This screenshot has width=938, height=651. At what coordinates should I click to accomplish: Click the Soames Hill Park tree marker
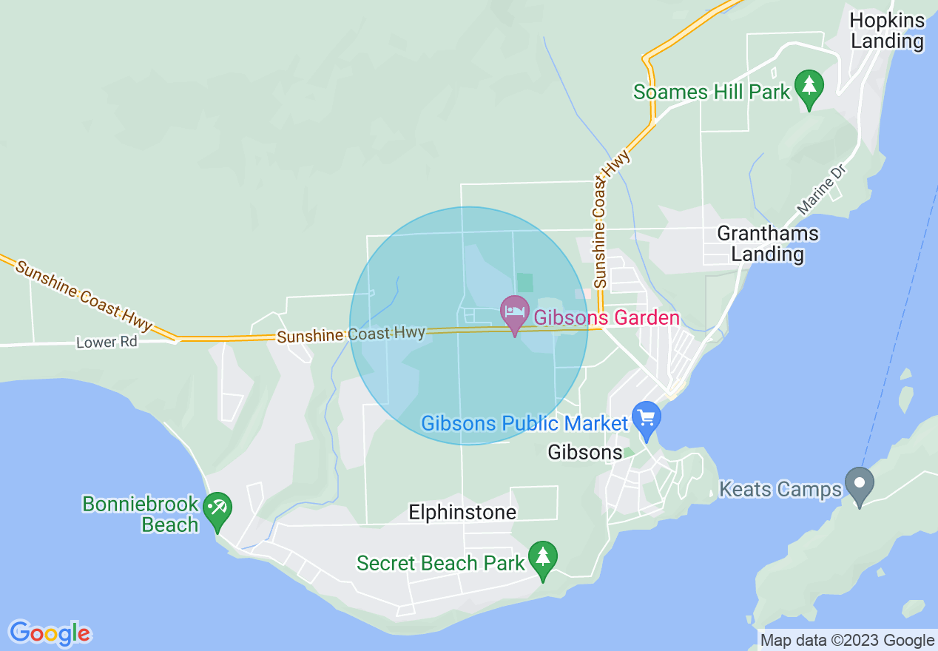coord(809,87)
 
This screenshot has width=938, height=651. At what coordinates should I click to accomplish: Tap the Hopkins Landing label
coord(887,30)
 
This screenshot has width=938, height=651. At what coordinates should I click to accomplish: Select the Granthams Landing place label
coord(768,244)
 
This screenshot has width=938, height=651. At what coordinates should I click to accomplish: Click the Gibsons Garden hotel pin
coord(514,312)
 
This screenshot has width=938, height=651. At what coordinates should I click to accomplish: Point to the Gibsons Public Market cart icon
coord(647,419)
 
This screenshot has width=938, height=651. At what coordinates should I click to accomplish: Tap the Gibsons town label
coord(584,452)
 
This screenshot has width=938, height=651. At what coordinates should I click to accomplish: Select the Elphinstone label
coord(462,512)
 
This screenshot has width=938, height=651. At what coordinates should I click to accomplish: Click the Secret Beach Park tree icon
coord(544,559)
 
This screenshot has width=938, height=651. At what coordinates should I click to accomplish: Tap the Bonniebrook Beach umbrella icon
coord(217,509)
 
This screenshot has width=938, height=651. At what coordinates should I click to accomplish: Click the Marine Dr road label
coord(820,191)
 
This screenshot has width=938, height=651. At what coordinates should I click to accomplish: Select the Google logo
coord(50,633)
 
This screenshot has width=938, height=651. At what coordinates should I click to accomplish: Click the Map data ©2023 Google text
coord(848,641)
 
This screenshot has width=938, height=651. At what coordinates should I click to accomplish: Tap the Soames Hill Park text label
coord(712,92)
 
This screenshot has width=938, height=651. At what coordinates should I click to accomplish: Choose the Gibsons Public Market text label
coord(524,424)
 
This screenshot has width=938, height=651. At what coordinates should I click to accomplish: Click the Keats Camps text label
coord(780,490)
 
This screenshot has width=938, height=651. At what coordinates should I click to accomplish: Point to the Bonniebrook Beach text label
coord(141,515)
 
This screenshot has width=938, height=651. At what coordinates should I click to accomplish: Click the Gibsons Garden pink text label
coord(606,318)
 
